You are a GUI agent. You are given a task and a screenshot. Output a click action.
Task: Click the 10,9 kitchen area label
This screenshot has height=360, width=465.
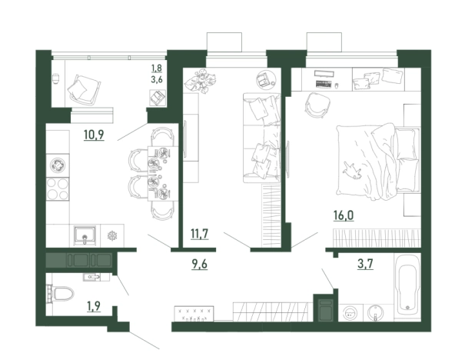[x=94, y=135]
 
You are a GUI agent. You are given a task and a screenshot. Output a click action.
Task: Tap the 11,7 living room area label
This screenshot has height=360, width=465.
[x=200, y=234]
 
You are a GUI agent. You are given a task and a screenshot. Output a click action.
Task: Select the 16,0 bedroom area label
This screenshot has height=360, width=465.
[x=344, y=215]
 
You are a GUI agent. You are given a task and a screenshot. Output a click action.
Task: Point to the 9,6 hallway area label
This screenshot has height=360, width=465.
[x=200, y=264]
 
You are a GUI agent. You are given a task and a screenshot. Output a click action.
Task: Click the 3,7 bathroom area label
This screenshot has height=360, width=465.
[x=365, y=264]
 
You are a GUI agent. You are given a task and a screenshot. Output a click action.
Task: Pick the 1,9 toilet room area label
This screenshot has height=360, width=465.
[x=94, y=305]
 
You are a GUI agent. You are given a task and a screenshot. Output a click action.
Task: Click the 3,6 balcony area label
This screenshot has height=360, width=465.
[x=157, y=79]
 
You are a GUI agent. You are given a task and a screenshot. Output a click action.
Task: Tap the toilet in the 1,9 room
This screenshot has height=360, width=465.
[x=60, y=293]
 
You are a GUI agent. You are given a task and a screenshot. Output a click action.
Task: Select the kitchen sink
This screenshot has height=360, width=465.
[x=85, y=235]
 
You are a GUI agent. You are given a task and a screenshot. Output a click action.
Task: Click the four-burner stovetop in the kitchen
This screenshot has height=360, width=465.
[x=58, y=188]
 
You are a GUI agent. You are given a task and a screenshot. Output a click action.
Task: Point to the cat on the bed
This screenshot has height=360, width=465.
[x=352, y=172]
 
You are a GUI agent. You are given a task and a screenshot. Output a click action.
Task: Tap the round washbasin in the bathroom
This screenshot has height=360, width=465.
[x=375, y=313]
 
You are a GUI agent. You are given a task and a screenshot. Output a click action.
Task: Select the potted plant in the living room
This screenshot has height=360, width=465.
[x=200, y=80]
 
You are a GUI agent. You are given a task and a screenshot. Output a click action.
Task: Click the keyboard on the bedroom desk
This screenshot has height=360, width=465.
[x=324, y=84]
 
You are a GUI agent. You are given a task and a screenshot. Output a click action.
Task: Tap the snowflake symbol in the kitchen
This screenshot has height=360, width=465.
[x=112, y=236]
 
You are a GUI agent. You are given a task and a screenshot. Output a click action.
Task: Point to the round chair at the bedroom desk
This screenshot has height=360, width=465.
[x=317, y=105]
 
